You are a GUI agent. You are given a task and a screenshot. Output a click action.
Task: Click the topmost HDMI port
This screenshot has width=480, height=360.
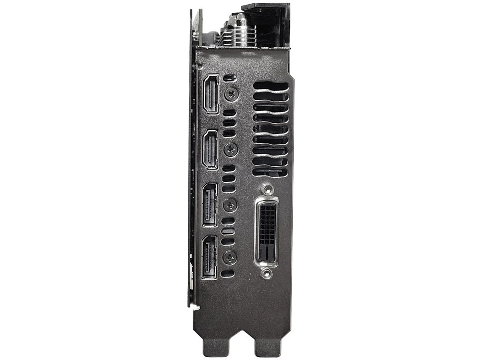tap(211, 94)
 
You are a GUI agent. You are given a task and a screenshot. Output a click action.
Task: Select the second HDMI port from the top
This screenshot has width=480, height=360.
tap(211, 149)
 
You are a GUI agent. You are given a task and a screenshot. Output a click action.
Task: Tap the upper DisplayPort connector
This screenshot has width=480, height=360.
tap(210, 204)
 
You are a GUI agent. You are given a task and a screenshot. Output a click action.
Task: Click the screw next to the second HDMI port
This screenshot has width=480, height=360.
tap(232, 149)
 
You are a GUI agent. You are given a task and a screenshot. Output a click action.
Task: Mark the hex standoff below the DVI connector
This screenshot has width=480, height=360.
tap(266, 274)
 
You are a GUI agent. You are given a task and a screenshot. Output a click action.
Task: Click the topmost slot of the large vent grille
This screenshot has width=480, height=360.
tap(270, 86)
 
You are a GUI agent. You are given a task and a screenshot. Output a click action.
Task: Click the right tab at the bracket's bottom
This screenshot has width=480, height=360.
tap(268, 348)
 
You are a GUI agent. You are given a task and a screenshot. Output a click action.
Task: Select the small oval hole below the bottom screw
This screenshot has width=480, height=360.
tap(228, 273)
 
